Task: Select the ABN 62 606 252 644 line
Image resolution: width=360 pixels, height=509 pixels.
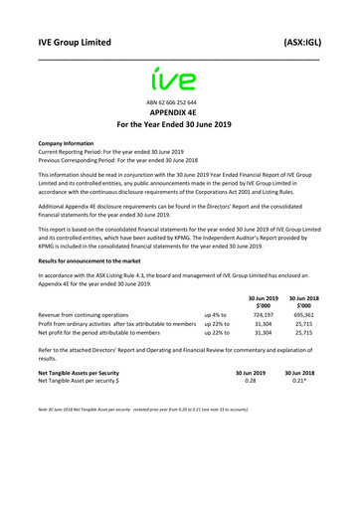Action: click(179, 103)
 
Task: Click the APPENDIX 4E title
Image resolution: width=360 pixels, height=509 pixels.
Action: click(179, 115)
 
